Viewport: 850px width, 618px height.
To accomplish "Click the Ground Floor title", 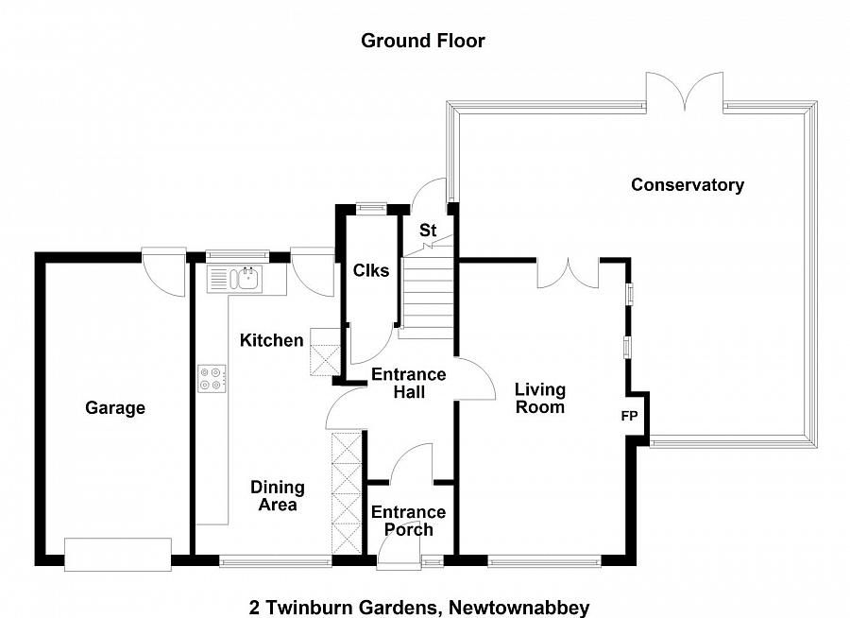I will (422, 41).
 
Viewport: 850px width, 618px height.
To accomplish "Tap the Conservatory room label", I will (687, 185).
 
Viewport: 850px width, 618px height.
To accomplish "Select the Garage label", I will (115, 408).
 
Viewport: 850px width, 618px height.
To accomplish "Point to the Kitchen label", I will (271, 340).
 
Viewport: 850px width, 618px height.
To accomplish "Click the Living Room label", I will (540, 398).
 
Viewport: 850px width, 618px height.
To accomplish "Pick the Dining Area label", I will (277, 496).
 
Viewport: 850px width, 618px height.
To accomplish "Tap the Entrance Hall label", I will (408, 383).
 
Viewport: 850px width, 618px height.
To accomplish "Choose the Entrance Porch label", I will (408, 521).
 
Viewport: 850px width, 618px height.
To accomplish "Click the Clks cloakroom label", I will (370, 271).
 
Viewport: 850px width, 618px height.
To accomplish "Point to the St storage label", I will (428, 230).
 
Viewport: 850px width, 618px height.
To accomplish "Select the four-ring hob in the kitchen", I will (211, 378).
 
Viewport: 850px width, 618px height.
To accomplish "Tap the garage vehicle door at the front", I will (118, 554).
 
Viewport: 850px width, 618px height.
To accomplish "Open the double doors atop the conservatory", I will (685, 94).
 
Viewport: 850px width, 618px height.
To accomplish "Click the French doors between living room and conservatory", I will (568, 272).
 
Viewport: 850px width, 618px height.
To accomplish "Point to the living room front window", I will (544, 561).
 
